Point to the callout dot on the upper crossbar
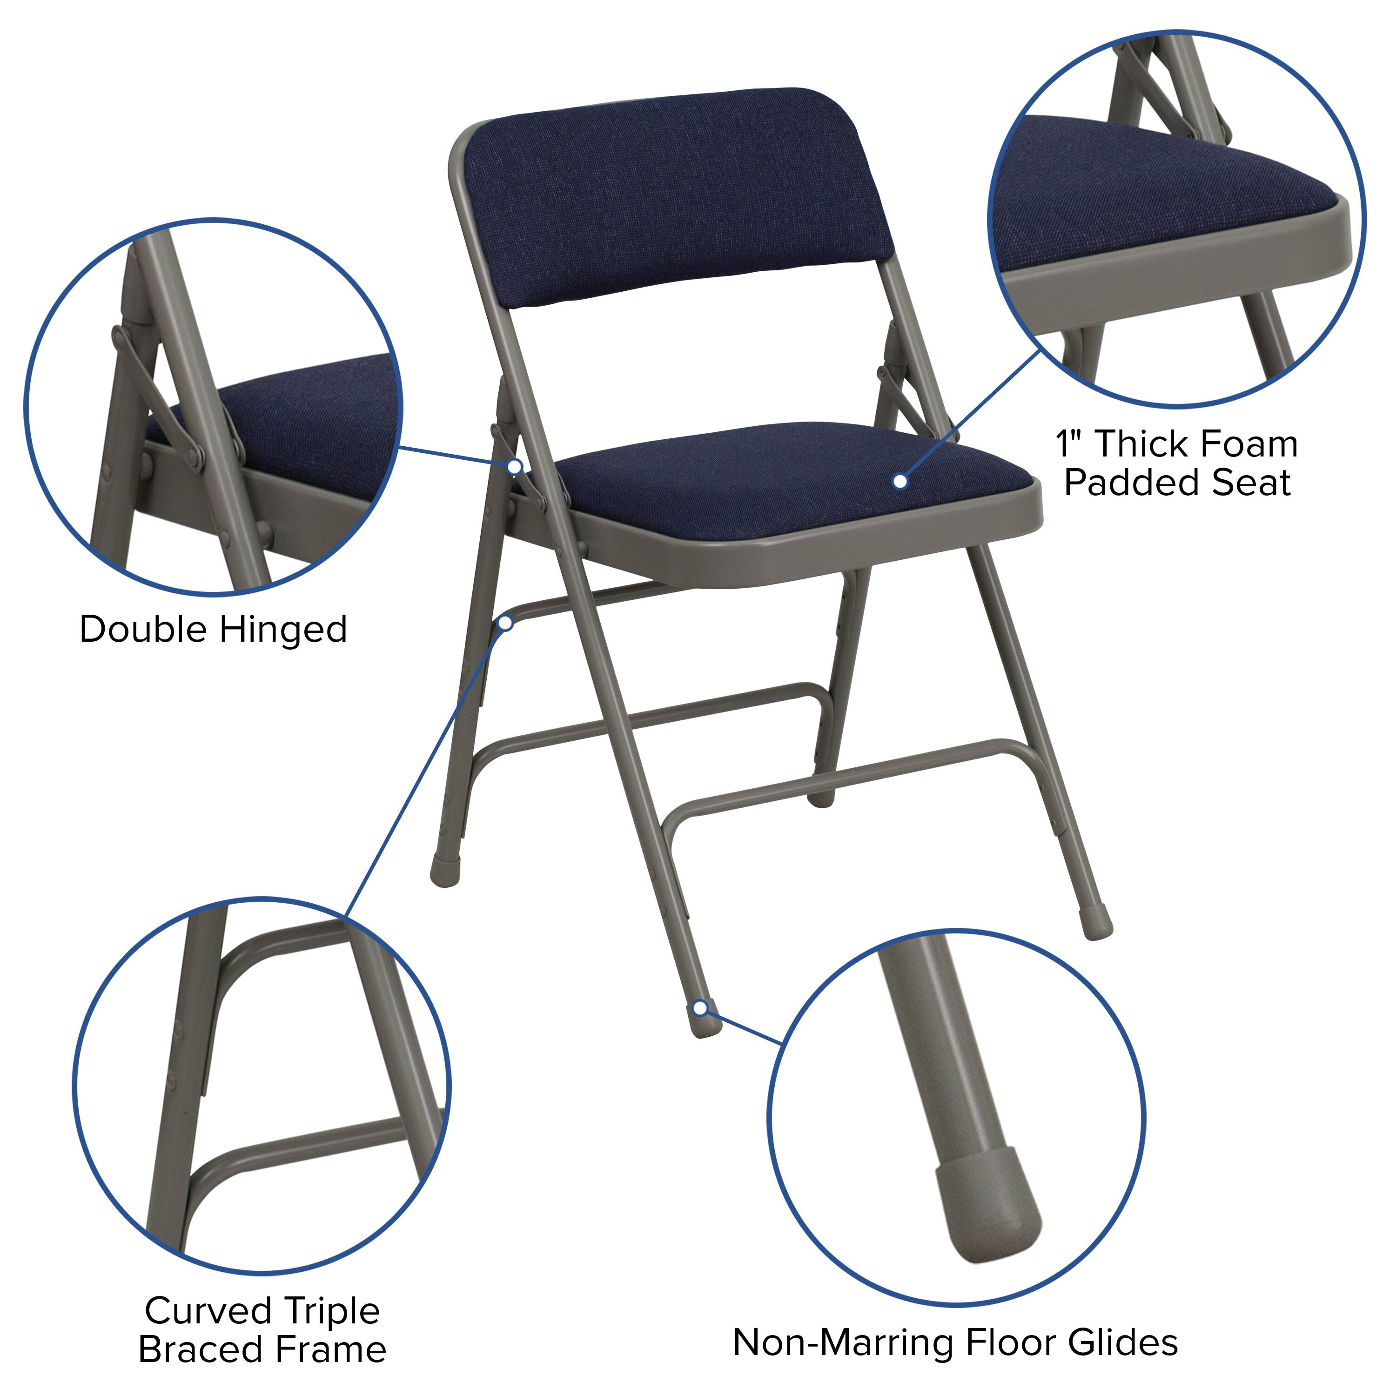506,623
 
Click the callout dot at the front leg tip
699,1008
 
